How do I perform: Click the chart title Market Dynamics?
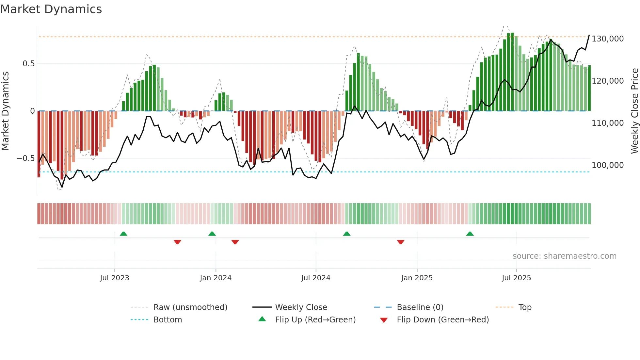click(x=51, y=9)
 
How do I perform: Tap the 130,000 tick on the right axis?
click(x=608, y=39)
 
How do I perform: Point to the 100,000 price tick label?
click(x=608, y=165)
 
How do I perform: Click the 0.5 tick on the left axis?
click(x=28, y=64)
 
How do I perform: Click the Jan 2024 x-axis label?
click(x=216, y=278)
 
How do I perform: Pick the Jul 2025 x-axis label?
click(x=516, y=278)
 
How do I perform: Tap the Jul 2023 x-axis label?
click(x=115, y=278)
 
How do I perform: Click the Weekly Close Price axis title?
click(x=634, y=111)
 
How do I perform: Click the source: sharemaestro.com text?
click(x=564, y=256)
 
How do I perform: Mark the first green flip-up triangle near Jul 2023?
click(x=123, y=234)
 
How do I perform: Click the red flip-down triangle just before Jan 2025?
click(x=401, y=242)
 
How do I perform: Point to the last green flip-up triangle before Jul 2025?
click(x=470, y=234)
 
